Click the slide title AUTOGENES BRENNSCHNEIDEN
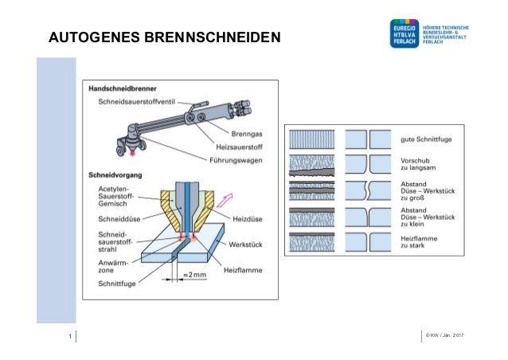164,37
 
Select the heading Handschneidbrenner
122,88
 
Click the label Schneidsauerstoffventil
138,101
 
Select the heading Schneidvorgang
115,173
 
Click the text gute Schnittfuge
425,139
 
